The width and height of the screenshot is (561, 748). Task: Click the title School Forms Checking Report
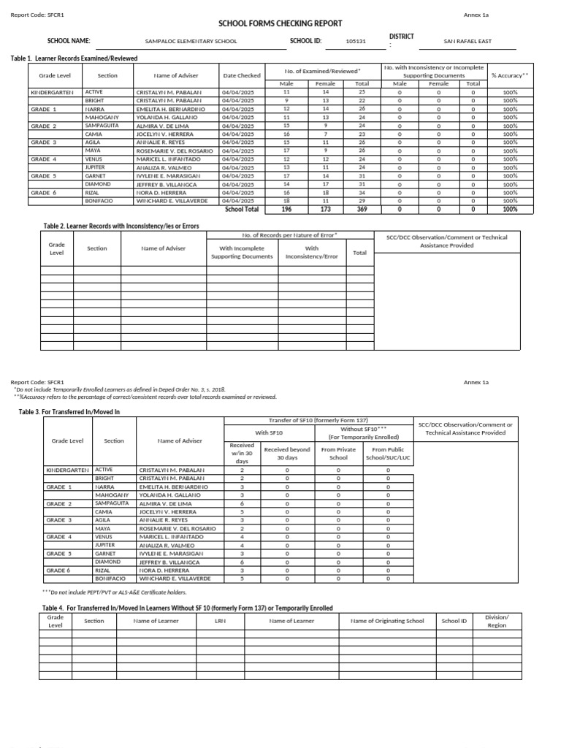280,23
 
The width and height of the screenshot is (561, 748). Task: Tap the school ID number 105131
357,42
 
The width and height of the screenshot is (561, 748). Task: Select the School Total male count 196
286,209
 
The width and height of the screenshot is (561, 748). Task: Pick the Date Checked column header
242,75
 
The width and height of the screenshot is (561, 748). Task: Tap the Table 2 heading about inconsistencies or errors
121,226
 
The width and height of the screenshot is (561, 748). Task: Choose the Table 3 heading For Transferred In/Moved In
69,412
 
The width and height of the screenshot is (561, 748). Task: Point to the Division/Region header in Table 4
497,621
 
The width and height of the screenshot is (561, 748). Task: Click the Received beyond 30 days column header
287,454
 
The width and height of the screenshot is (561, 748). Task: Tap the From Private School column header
338,454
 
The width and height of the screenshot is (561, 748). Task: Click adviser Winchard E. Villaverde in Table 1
172,201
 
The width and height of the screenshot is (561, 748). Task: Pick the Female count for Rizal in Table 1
326,193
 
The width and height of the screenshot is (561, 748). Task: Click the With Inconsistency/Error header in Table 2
312,252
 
